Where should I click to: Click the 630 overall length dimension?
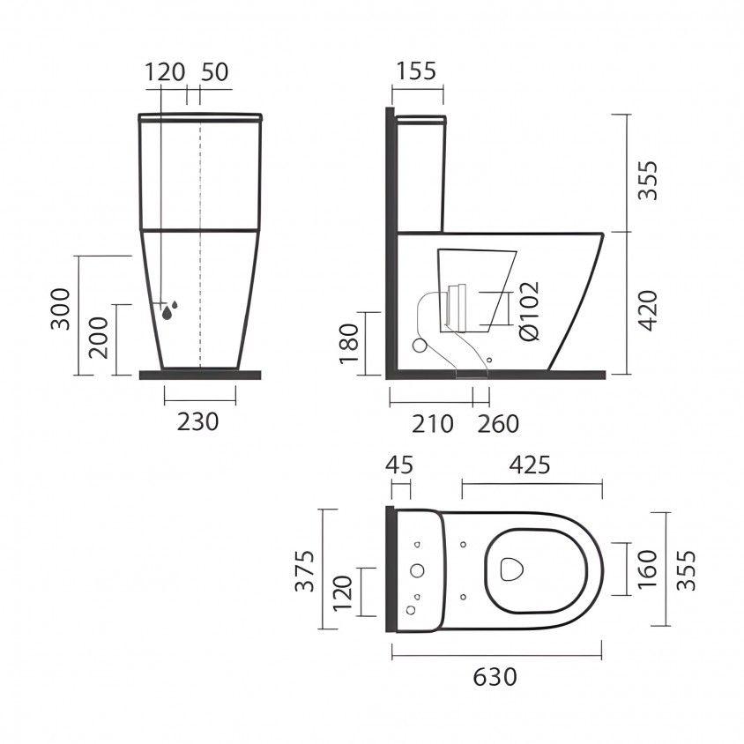495,677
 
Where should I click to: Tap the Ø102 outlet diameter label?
530,311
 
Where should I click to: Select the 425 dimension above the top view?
530,465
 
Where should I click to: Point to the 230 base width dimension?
197,421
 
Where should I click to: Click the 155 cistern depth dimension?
416,71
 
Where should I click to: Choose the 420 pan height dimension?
648,311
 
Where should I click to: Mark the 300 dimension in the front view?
60,309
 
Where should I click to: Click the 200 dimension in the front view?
99,338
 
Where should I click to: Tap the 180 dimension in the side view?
349,344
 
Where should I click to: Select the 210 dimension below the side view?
432,424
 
